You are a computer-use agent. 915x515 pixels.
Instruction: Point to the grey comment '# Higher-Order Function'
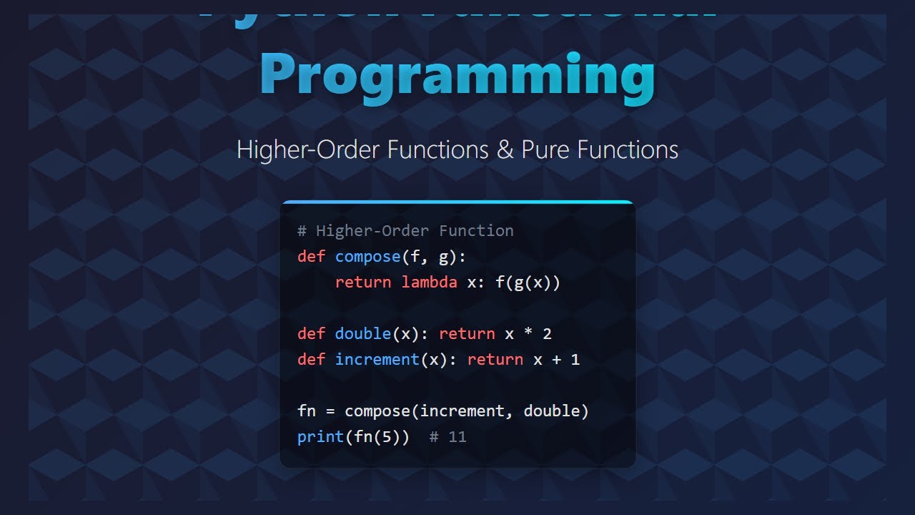(x=405, y=230)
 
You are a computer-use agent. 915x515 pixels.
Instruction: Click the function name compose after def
(x=368, y=257)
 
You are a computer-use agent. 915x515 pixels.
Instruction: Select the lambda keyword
(x=429, y=283)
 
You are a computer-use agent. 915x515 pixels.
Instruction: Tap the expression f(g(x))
(x=528, y=283)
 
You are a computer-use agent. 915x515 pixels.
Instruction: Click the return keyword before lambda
(x=363, y=283)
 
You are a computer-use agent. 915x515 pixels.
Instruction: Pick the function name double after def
(x=363, y=334)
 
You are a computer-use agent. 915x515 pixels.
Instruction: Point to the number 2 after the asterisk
(x=547, y=334)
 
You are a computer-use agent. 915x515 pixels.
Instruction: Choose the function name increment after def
(x=377, y=360)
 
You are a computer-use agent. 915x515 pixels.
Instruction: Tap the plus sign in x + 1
(x=556, y=360)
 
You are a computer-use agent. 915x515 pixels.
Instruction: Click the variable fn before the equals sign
(x=307, y=411)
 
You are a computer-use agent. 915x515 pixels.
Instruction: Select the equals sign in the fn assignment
(x=330, y=411)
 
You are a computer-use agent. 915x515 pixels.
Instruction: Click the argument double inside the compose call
(x=551, y=411)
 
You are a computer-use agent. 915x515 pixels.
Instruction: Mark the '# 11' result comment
(x=448, y=437)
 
